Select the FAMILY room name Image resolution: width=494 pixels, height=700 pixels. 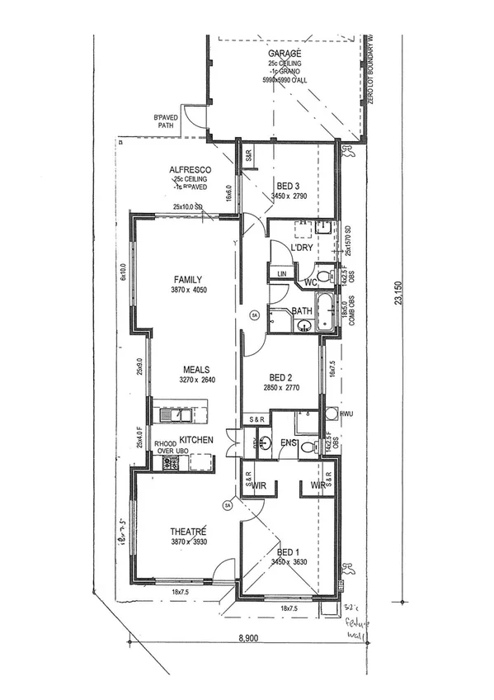187,280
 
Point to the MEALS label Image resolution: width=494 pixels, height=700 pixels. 195,370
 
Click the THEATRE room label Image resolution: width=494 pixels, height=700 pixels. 188,531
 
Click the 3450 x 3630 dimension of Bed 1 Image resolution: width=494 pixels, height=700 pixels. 289,562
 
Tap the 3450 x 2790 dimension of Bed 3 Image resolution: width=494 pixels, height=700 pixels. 289,196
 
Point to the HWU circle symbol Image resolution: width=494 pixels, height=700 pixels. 331,414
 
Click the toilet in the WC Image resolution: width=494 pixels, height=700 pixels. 322,276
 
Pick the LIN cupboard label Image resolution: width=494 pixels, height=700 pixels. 281,273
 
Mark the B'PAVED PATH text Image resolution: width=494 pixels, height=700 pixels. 165,122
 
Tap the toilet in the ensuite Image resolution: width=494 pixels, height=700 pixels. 308,447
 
